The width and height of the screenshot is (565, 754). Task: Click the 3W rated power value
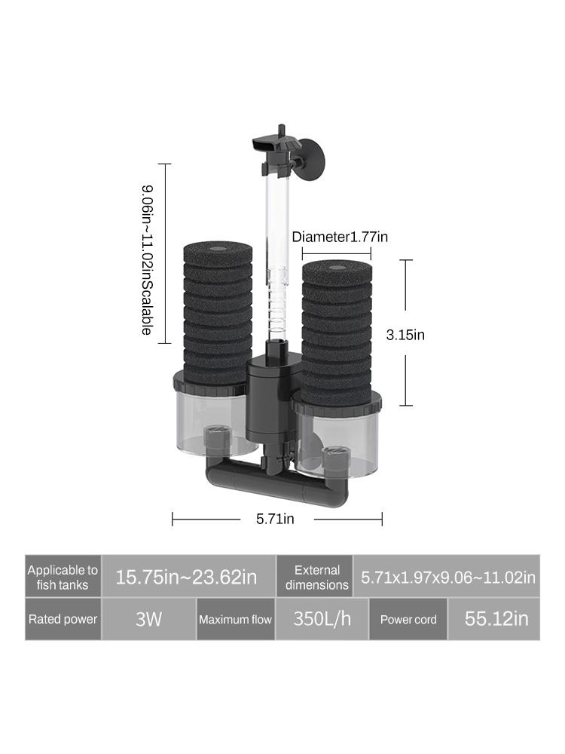click(148, 619)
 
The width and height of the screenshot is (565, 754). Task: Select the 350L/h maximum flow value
click(322, 619)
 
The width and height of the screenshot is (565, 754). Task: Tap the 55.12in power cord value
click(494, 619)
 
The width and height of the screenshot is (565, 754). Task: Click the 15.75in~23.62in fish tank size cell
click(186, 578)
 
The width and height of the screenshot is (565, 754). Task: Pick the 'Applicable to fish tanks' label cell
click(63, 578)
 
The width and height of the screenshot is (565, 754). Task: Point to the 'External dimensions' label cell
click(317, 578)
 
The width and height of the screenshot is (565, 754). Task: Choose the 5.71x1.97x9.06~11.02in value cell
click(447, 578)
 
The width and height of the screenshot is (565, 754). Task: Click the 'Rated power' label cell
click(63, 619)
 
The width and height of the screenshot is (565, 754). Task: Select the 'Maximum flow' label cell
click(235, 619)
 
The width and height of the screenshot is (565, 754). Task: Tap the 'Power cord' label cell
click(408, 619)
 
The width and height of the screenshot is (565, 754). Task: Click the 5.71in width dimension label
click(275, 519)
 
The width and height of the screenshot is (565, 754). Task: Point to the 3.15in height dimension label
click(405, 335)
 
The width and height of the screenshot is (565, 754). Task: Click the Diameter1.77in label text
click(341, 237)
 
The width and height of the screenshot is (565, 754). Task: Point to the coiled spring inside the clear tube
click(279, 309)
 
